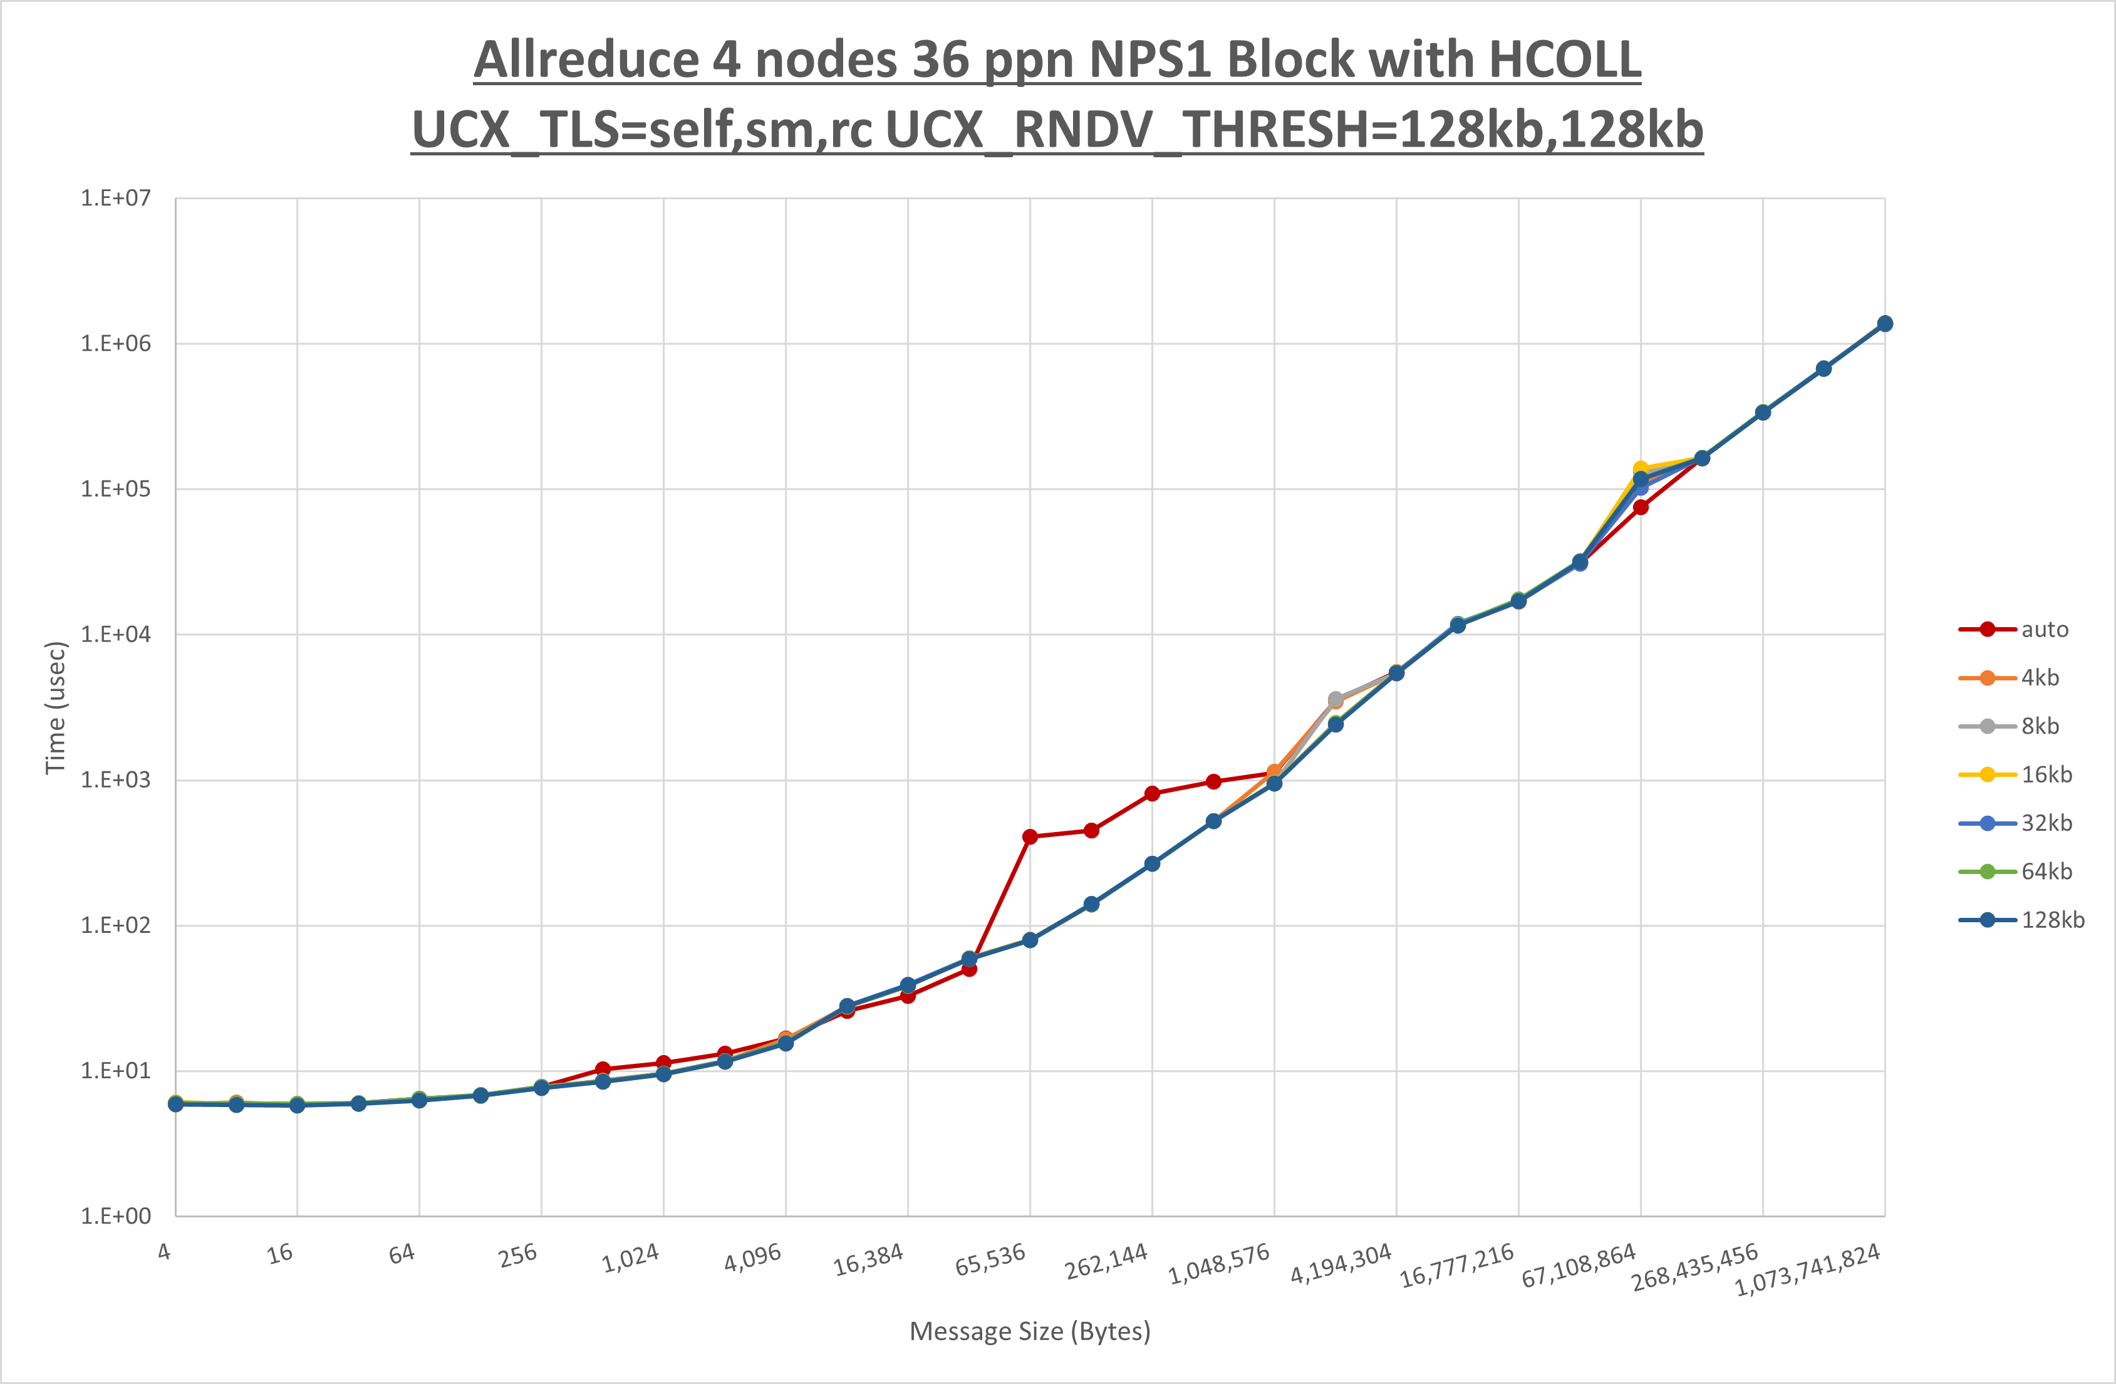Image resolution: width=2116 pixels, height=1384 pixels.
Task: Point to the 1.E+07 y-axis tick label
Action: (116, 197)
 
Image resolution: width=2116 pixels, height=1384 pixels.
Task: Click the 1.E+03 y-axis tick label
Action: (116, 780)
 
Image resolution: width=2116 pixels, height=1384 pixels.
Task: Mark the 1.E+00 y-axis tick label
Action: (116, 1216)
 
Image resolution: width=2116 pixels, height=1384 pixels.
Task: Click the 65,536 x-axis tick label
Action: (990, 1259)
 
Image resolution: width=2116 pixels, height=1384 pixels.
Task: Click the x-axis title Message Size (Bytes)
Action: (1030, 1331)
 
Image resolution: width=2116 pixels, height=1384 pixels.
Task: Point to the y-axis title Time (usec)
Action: (55, 708)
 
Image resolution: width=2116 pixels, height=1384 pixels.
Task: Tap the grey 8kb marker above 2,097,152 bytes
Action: (1335, 699)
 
